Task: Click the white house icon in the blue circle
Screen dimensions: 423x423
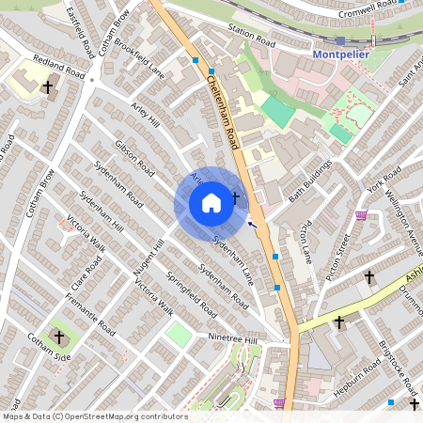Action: pos(211,203)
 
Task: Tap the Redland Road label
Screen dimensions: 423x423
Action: pos(59,66)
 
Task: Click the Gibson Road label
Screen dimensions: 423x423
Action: pos(133,158)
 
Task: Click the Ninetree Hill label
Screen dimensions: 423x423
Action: pos(231,339)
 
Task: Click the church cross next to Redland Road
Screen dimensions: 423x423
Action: pos(47,87)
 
